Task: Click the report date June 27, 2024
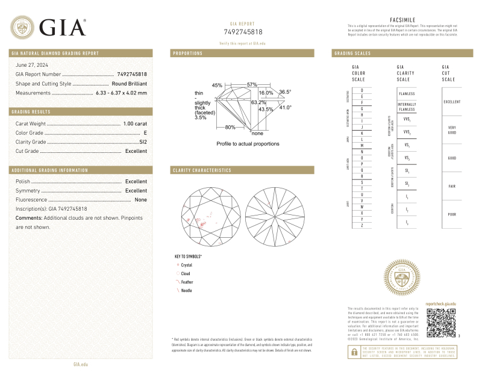tap(34, 64)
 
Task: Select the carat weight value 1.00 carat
tap(135, 123)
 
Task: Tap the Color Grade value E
tap(145, 132)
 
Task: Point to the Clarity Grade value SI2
tap(143, 142)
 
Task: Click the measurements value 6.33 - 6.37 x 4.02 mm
tap(121, 93)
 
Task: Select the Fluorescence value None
tap(141, 199)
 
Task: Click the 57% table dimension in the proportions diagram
tap(252, 84)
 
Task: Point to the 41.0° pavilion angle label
tap(285, 107)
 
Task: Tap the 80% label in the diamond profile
tap(230, 127)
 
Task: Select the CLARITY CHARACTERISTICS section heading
tap(202, 170)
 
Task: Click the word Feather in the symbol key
tap(187, 282)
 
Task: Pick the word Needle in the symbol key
tap(186, 291)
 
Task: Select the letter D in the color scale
tap(361, 90)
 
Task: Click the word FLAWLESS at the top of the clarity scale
tap(402, 95)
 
